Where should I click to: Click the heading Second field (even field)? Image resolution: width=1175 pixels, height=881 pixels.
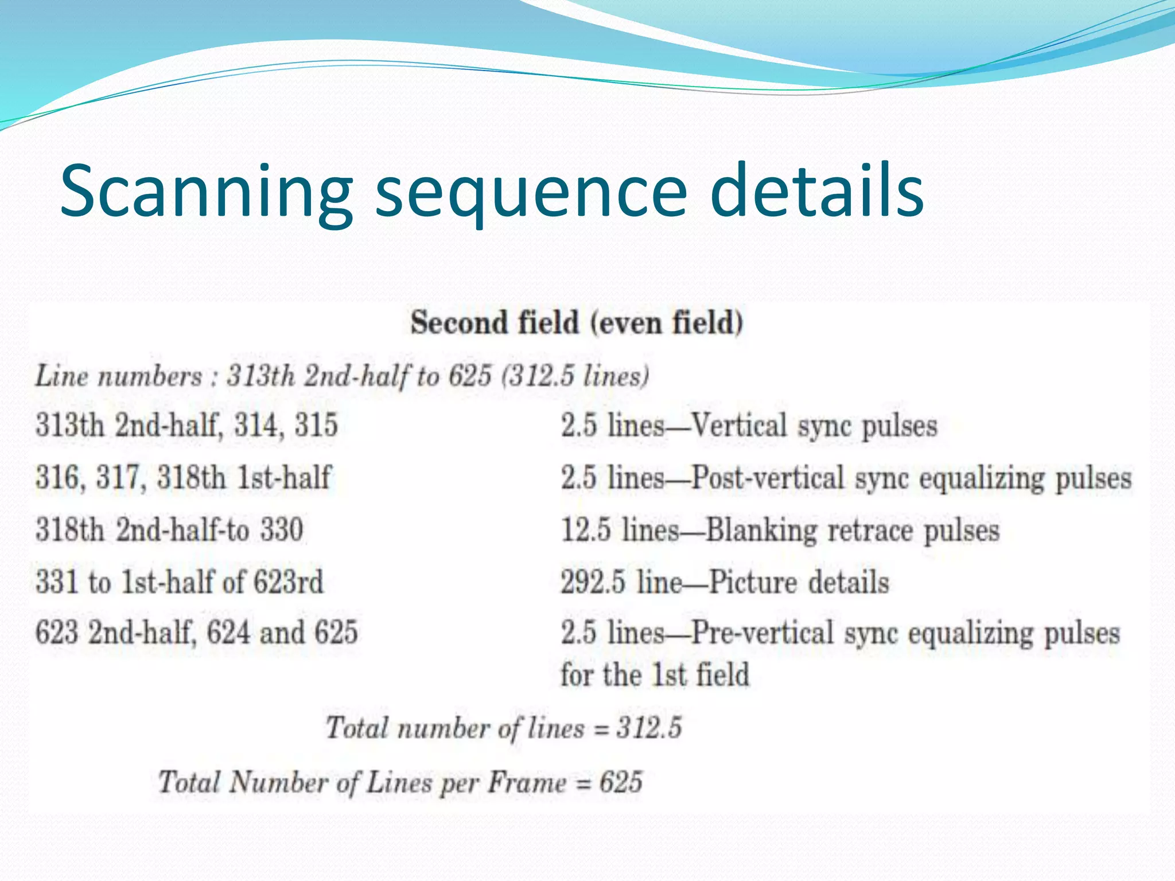(577, 322)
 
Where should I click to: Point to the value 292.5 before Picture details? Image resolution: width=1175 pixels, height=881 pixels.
(593, 582)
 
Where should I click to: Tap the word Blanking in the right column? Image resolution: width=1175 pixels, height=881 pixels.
(761, 529)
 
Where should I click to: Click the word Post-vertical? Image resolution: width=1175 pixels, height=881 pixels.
(768, 478)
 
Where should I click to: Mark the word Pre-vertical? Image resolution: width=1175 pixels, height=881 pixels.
(762, 633)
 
